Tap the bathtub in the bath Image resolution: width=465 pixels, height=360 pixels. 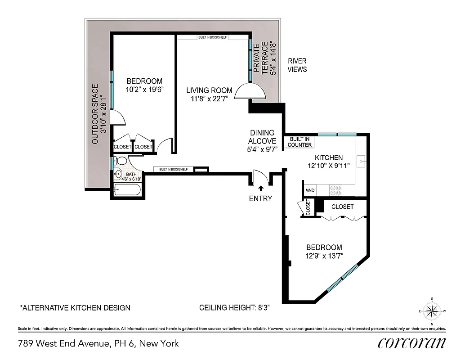127,190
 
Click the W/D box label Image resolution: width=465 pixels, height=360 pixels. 310,190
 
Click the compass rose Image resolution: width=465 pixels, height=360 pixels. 432,311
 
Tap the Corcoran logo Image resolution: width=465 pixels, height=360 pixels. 411,343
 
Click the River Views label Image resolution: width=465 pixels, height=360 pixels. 297,65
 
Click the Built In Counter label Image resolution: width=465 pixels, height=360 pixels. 300,142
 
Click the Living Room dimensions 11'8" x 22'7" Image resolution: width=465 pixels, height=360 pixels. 210,99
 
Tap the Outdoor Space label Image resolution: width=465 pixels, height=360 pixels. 99,114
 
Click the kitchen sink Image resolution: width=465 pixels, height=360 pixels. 362,160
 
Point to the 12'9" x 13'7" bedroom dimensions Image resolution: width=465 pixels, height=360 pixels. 324,256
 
